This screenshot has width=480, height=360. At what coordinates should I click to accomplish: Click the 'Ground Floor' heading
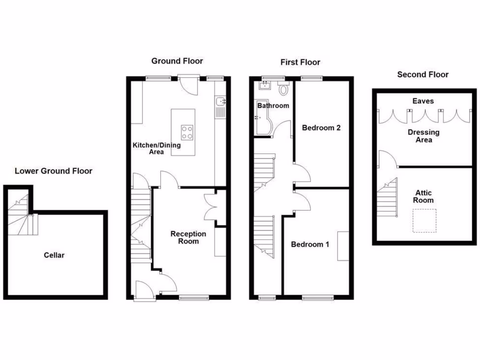pos(177,61)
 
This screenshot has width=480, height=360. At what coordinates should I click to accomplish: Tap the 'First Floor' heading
pos(300,62)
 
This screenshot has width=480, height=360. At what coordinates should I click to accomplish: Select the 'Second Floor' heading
pos(422,75)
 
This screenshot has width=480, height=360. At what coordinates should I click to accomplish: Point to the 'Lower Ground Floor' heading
pos(53,171)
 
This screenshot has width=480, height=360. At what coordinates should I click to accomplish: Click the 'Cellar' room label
pos(54,255)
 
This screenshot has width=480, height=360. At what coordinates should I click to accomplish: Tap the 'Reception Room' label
pos(188,238)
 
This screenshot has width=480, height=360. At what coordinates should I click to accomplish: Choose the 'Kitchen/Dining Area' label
pos(156,149)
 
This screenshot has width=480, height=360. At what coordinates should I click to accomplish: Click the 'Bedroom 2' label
pos(321,127)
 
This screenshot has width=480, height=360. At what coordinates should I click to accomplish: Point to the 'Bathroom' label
pos(273,105)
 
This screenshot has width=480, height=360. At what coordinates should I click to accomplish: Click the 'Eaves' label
pos(423,101)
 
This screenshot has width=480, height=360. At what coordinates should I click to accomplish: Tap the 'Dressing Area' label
pos(423,136)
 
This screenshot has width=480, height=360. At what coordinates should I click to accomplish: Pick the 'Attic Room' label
pos(423,196)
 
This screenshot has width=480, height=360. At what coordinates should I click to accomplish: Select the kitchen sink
pos(221,102)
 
